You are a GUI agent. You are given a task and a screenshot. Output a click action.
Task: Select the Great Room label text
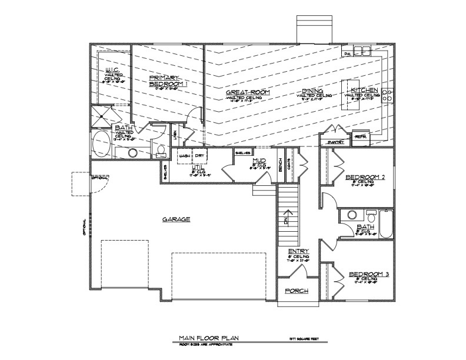(x=243, y=93)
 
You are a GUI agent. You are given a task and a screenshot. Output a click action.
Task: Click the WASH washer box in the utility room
(x=185, y=156)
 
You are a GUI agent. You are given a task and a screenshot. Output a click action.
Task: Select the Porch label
(x=297, y=291)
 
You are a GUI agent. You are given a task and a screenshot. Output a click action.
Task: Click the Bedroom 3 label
(x=365, y=275)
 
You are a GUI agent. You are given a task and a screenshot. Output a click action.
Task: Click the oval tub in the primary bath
(x=104, y=144)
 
